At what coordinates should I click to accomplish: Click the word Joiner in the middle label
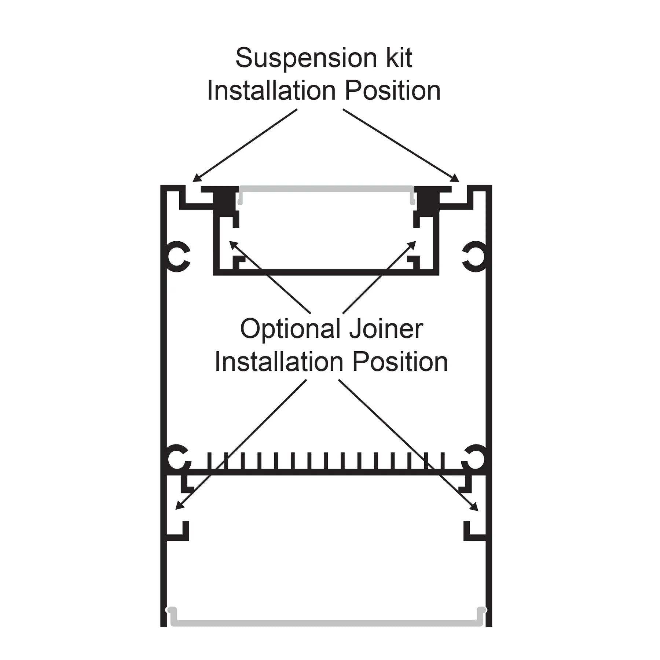pyautogui.click(x=386, y=329)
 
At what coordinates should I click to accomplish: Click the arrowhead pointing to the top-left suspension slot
pyautogui.click(x=197, y=179)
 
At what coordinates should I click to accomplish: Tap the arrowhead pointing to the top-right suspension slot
pyautogui.click(x=455, y=179)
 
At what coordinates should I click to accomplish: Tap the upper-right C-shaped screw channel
pyautogui.click(x=475, y=256)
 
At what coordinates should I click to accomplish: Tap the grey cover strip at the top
pyautogui.click(x=326, y=188)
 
